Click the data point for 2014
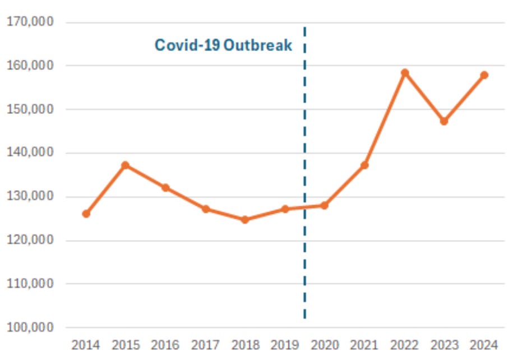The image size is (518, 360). coord(86,214)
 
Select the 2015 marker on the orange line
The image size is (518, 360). coord(126,165)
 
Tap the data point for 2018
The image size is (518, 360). coord(245,220)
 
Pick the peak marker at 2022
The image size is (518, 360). coord(405,73)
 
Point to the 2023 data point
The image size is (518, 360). coord(444,121)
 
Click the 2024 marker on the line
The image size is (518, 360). coord(484,75)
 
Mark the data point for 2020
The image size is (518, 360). coord(325,205)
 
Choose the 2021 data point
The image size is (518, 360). coord(364,165)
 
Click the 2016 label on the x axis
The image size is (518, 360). coord(165,345)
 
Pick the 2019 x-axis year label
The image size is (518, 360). coord(285,345)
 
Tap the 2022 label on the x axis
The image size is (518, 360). coord(405,345)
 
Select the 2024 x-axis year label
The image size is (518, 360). coord(484,345)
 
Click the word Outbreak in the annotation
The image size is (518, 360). coord(258,45)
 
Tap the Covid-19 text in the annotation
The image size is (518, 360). coord(187,45)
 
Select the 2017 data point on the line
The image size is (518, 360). coord(205,209)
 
